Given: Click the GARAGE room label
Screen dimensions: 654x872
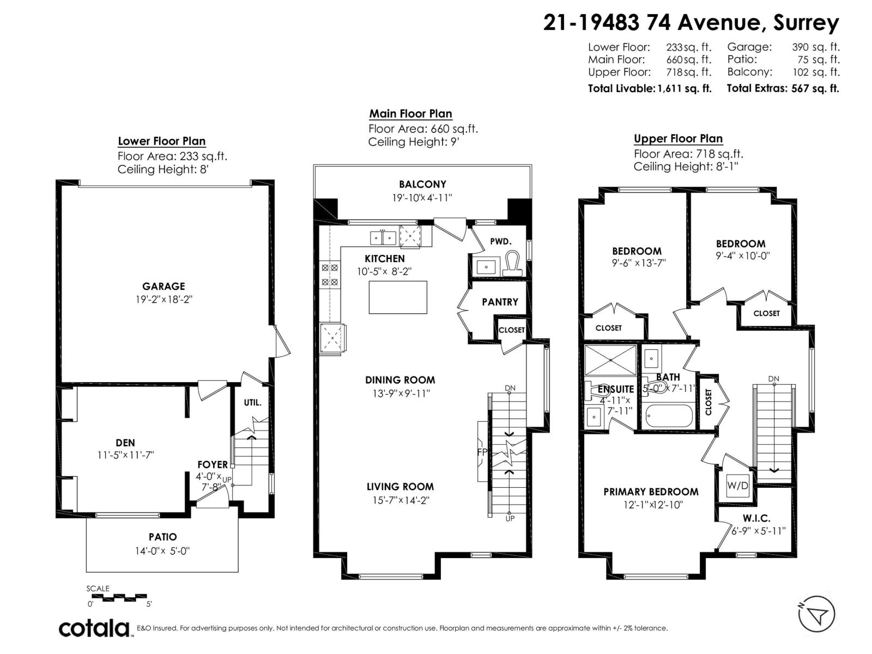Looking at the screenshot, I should coord(163,286).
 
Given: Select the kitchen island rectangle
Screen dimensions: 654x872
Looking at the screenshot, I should coord(397,297).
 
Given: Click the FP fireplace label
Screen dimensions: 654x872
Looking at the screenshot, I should coord(482,452).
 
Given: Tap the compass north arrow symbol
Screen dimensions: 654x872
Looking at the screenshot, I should coord(816,614).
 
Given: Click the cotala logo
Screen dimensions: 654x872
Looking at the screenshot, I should coord(94,628).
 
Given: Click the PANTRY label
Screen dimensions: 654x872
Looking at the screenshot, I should coord(500,302).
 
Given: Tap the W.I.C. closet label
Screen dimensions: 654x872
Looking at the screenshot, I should coord(756,518).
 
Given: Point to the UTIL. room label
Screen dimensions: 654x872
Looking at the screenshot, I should coord(252,403).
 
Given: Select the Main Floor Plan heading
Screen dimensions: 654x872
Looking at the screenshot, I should coord(410,114).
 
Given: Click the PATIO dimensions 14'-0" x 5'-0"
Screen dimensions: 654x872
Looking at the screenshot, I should coord(162,551).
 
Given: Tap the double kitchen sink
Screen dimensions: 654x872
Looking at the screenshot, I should coord(383,238).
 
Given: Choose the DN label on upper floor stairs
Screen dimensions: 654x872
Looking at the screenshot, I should coord(773,379).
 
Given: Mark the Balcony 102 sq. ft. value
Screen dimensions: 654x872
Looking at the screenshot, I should coord(815,72).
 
